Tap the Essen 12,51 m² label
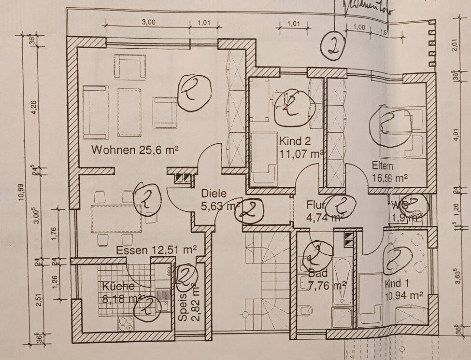point(156,250)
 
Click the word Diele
point(214,194)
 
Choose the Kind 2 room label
point(295,141)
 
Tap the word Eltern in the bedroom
point(383,166)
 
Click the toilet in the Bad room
point(305,311)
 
